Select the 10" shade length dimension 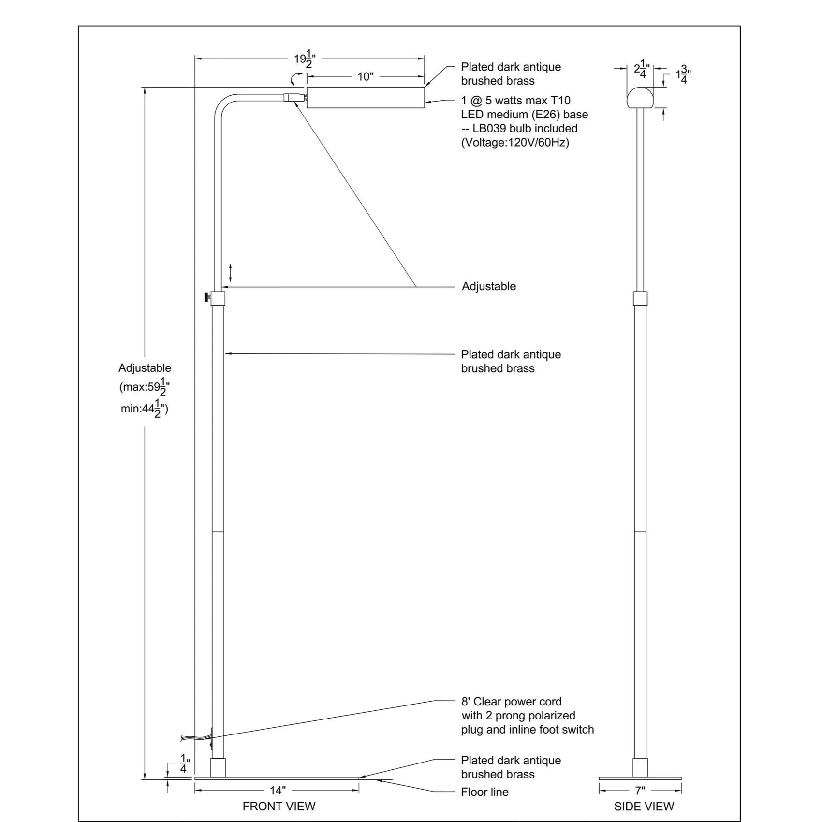[x=366, y=76]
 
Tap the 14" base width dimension [x=277, y=790]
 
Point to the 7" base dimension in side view [x=640, y=791]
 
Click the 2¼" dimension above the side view [x=642, y=69]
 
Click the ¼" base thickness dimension [x=184, y=763]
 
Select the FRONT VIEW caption [x=279, y=806]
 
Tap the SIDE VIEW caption [x=644, y=806]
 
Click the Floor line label [x=485, y=792]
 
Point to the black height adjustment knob [x=207, y=297]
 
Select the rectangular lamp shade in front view [x=366, y=97]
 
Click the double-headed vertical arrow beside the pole [x=231, y=273]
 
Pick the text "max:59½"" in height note [x=147, y=387]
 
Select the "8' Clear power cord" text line [x=512, y=702]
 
